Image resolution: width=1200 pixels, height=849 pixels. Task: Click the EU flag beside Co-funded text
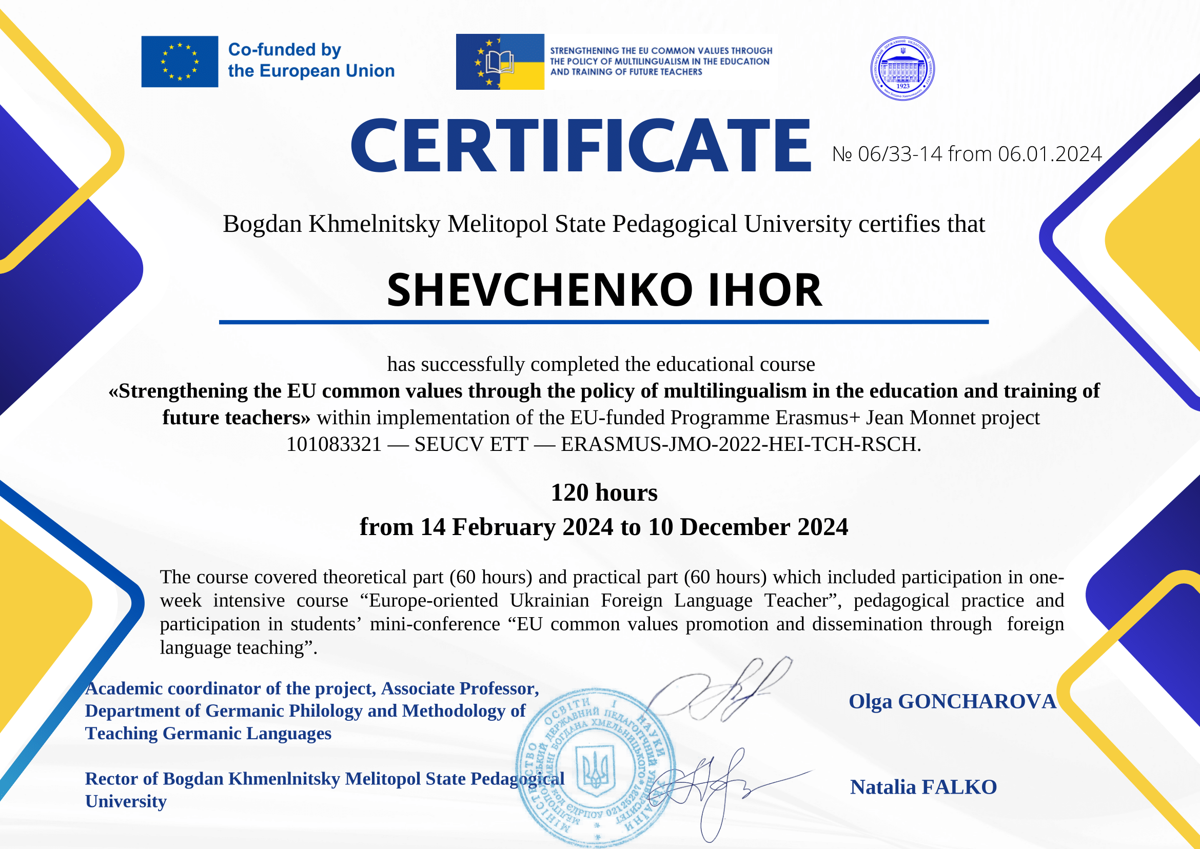click(x=180, y=62)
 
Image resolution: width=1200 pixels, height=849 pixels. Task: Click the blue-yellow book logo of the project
click(x=500, y=62)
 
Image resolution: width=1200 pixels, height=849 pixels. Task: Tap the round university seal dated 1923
click(x=902, y=69)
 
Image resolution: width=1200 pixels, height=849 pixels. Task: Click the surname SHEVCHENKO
click(x=540, y=290)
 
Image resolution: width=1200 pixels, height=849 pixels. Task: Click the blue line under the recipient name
click(x=603, y=322)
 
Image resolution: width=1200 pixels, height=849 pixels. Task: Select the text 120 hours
click(x=604, y=492)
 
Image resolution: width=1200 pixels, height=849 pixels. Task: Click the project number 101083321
click(x=333, y=444)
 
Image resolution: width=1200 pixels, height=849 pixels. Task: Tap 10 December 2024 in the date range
click(x=748, y=527)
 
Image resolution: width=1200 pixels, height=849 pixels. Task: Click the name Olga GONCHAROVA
click(x=952, y=702)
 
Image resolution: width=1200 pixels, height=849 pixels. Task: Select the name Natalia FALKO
click(x=923, y=787)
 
